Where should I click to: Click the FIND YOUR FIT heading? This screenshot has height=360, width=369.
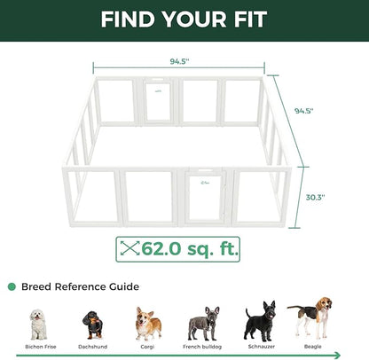click(184, 20)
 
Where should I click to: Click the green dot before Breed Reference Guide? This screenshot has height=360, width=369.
click(12, 286)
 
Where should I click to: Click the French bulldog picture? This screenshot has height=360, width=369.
click(204, 324)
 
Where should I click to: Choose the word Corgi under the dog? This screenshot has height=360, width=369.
click(146, 347)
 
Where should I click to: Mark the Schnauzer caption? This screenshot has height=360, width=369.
click(258, 347)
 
